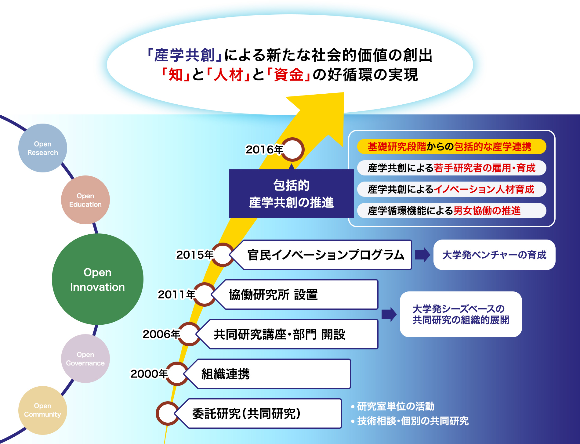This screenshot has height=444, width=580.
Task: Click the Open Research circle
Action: pos(43,148)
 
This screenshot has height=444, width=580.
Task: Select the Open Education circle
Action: pos(85,200)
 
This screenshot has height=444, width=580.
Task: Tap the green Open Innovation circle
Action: pos(97,279)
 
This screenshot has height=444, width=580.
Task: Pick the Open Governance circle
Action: pos(85,359)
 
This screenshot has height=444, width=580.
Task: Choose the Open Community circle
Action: pos(43,410)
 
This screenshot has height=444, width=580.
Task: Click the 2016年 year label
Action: pos(264,150)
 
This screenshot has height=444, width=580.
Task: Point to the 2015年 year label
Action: pos(194,255)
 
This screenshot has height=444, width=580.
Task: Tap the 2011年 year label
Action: pos(176,294)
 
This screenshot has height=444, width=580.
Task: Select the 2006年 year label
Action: pos(161,334)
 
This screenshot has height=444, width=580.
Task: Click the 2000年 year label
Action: pos(149,374)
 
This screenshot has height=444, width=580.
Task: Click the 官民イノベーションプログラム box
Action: pos(325,255)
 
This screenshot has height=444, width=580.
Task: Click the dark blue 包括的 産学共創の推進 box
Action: pos(291,194)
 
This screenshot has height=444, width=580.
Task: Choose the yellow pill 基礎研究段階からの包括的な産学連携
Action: pos(451,146)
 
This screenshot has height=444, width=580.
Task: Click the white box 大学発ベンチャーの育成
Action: pos(494,255)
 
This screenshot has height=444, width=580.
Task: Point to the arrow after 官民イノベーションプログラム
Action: pos(422,255)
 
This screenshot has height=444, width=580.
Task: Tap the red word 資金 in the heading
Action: pos(288,75)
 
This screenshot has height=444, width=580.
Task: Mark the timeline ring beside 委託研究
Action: pos(167,413)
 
